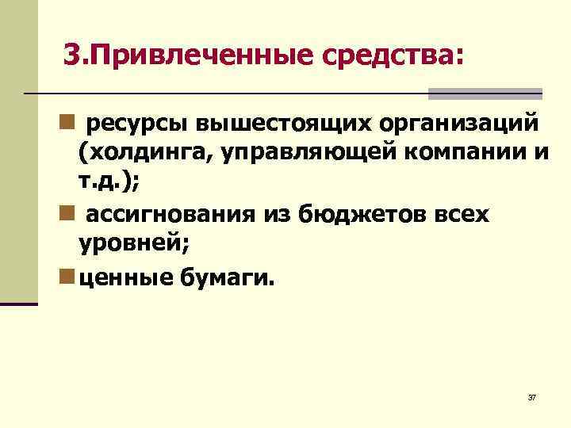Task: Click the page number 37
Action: coord(531,397)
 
